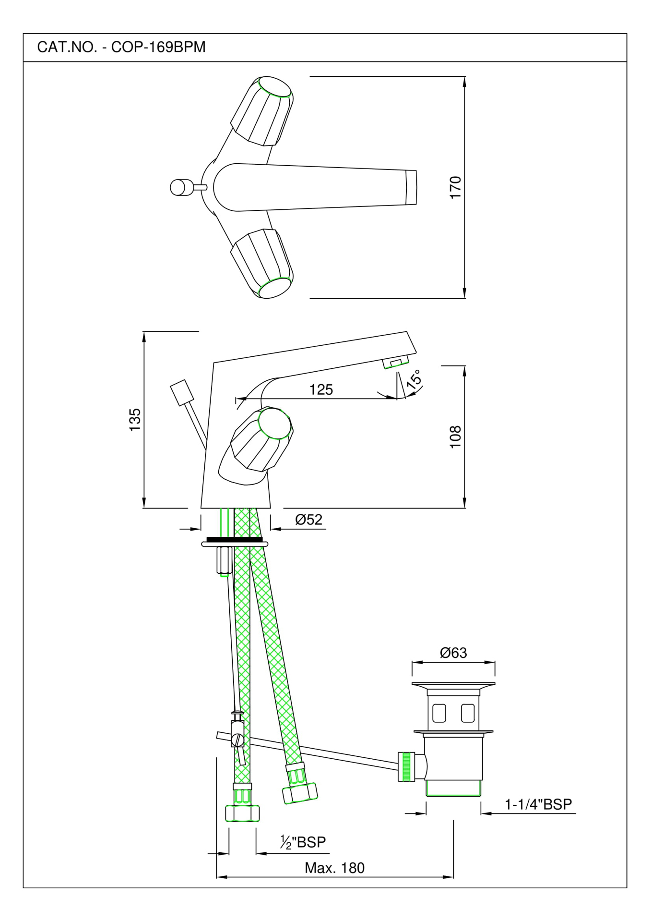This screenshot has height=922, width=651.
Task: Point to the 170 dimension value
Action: pyautogui.click(x=455, y=187)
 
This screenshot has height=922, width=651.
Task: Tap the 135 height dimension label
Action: pyautogui.click(x=135, y=419)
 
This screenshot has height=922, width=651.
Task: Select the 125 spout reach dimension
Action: pyautogui.click(x=321, y=389)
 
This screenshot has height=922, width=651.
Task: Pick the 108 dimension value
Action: pyautogui.click(x=455, y=437)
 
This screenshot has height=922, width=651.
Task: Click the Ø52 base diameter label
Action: pyautogui.click(x=308, y=520)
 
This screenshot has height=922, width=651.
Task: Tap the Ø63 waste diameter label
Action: pyautogui.click(x=453, y=653)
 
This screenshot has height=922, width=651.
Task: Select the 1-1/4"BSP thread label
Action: pyautogui.click(x=538, y=804)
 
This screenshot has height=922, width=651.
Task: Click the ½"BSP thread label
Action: pyautogui.click(x=303, y=842)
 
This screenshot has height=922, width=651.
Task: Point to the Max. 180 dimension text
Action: pyautogui.click(x=334, y=868)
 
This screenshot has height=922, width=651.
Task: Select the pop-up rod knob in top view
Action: pyautogui.click(x=180, y=187)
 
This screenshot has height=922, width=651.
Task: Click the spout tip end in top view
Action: pyautogui.click(x=411, y=187)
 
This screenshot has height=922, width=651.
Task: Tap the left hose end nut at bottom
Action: pyautogui.click(x=242, y=813)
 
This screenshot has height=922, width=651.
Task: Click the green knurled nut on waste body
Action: pyautogui.click(x=406, y=767)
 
